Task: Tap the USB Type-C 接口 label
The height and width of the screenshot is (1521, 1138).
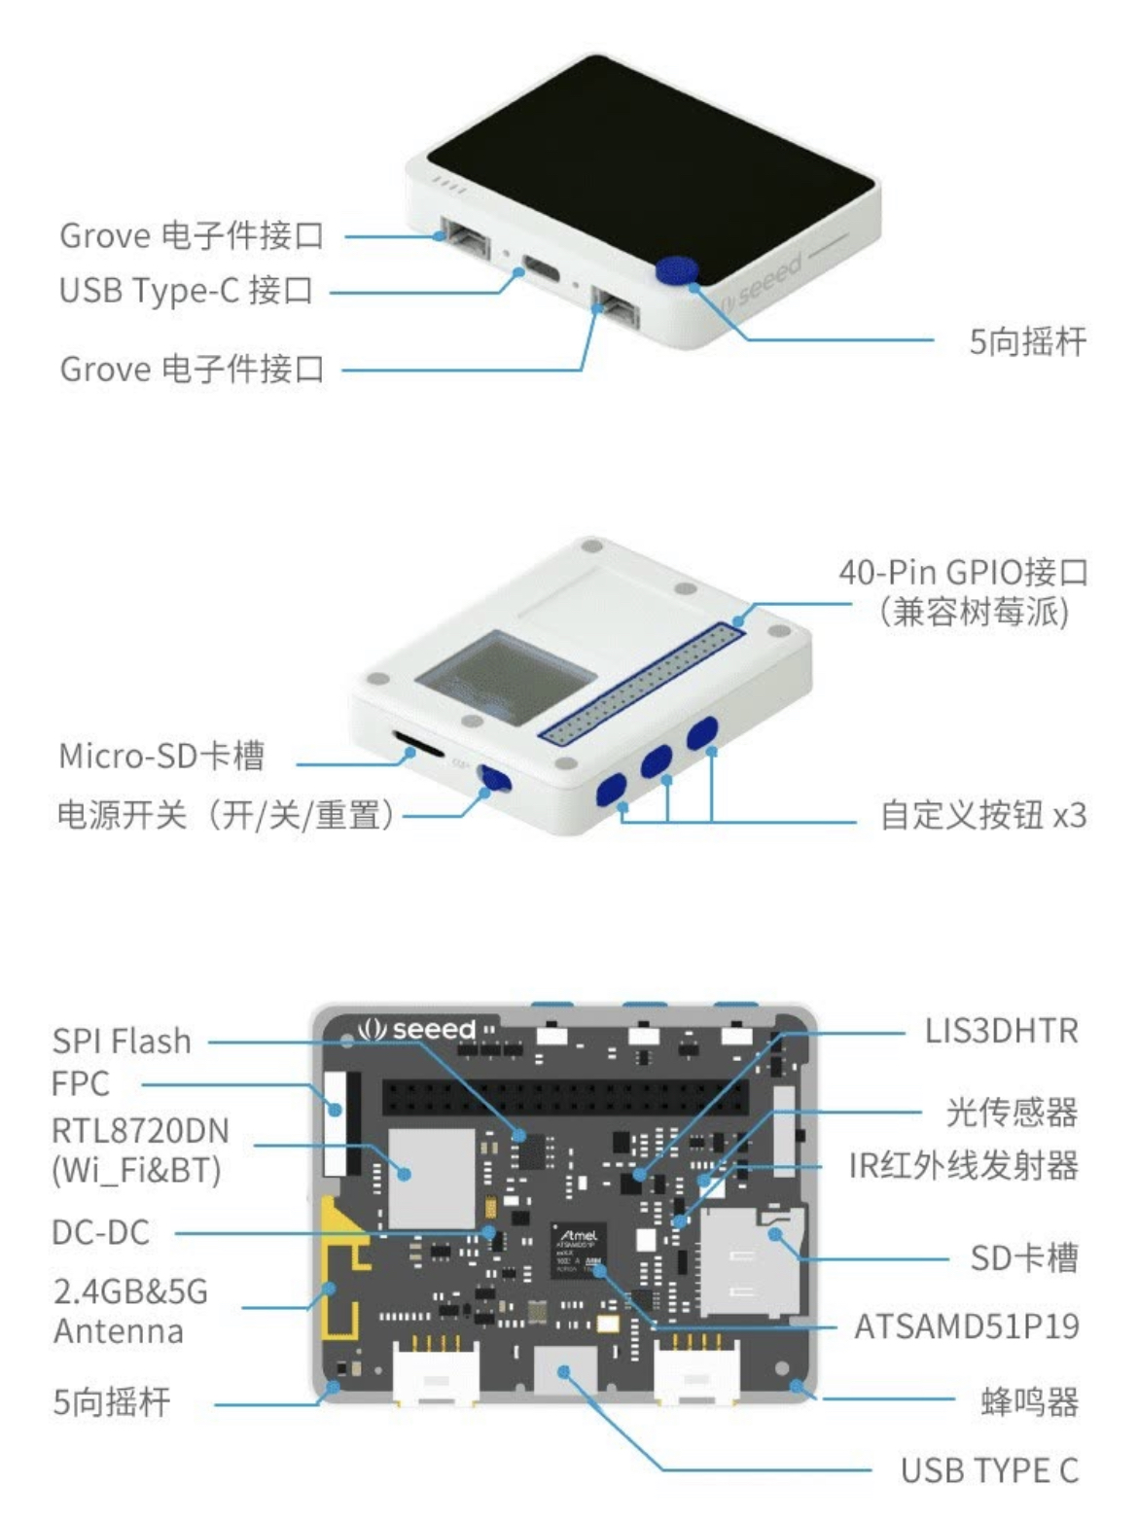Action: click(x=186, y=290)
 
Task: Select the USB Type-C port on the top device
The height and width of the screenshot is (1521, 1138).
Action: click(x=542, y=265)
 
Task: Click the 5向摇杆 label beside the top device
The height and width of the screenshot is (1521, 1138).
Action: click(x=1027, y=341)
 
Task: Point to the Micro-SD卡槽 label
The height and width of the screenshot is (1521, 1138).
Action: click(x=161, y=756)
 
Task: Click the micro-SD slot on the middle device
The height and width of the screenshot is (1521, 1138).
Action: click(x=419, y=749)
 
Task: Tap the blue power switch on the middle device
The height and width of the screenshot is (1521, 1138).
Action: click(x=495, y=778)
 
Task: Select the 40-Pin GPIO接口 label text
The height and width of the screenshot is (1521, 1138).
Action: click(x=963, y=572)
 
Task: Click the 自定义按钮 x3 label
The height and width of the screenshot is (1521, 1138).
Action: click(x=982, y=815)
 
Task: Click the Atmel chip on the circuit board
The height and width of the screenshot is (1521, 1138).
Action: click(x=579, y=1251)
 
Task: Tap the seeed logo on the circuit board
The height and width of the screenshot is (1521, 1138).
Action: click(x=417, y=1029)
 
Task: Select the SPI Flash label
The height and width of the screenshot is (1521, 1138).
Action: click(x=122, y=1041)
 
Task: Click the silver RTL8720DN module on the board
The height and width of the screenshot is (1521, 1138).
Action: click(x=431, y=1177)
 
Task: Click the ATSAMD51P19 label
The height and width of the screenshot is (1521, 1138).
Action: click(x=966, y=1326)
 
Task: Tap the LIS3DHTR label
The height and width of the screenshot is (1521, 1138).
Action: click(x=1001, y=1031)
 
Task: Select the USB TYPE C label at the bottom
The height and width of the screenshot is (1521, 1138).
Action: click(x=989, y=1470)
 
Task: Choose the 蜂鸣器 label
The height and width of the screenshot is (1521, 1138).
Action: click(x=1029, y=1401)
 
